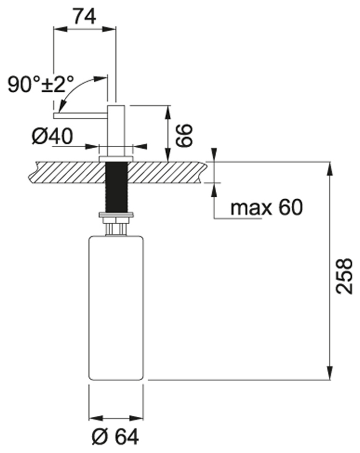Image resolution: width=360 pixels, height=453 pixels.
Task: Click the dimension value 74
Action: (84, 16)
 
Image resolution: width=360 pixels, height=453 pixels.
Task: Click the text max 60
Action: (266, 207)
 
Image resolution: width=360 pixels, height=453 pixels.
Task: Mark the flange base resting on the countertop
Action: (116, 158)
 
